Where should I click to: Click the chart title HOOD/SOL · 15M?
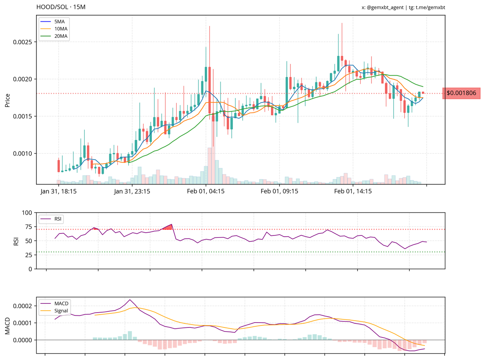(61, 7)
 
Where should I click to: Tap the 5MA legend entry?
(58, 21)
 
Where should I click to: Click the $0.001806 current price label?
(461, 93)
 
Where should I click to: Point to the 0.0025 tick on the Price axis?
(27, 42)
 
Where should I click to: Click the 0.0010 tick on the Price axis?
(27, 153)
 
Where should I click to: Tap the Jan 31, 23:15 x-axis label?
(132, 192)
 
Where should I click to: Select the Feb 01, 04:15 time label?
(206, 192)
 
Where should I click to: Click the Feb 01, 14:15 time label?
(353, 192)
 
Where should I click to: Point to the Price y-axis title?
(7, 100)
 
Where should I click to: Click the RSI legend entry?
(58, 219)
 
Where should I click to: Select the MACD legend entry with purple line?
(61, 303)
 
